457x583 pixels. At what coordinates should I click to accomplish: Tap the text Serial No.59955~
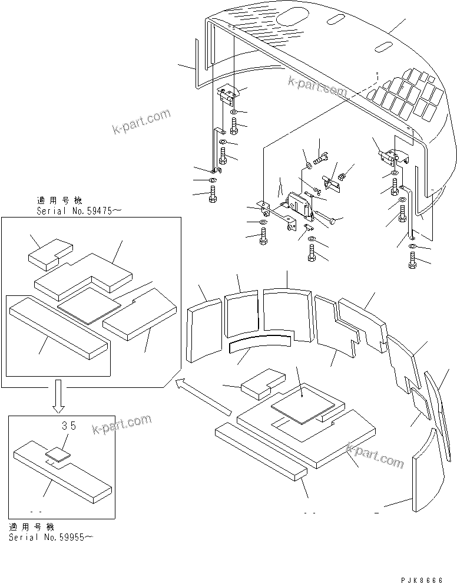click(51, 537)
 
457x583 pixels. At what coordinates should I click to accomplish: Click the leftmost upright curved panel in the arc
click(203, 330)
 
